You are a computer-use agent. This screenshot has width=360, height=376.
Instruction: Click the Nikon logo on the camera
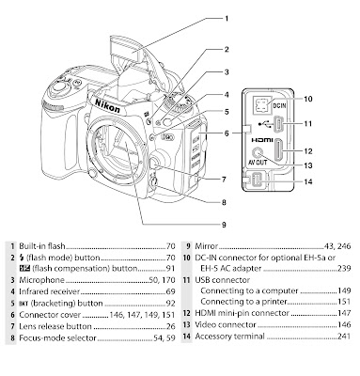pos(107,105)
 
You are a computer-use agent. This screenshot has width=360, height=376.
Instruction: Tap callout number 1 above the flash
pos(227,19)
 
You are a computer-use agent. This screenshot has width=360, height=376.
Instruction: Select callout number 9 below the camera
pos(224,225)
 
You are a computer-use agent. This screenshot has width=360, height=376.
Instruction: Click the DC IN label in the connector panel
pos(279,105)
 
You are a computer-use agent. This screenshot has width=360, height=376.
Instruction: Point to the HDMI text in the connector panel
pos(262,140)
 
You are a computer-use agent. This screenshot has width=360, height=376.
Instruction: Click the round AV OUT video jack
pos(258,153)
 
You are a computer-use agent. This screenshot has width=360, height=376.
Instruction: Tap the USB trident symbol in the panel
pos(265,124)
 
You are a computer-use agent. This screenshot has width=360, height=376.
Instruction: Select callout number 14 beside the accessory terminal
pos(308,181)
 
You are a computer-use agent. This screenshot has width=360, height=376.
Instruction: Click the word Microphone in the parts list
pos(41,280)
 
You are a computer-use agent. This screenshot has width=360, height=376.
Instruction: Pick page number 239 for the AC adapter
pos(344,269)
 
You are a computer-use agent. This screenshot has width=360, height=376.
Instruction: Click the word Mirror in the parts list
pos(206,246)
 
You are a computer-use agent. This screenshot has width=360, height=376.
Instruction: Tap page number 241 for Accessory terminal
pos(344,337)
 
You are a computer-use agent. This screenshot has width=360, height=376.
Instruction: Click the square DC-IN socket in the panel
pos(260,105)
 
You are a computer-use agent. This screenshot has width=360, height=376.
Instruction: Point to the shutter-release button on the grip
pos(60,86)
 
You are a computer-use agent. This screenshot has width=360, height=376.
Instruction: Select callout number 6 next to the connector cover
pos(227,133)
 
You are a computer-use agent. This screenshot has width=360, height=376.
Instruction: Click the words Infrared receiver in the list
pos(50,291)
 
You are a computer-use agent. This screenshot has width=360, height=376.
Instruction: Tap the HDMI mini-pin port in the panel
pos(278,150)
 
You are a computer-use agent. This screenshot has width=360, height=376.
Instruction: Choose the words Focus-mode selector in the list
pos(57,338)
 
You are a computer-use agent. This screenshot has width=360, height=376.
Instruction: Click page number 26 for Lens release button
pos(171,326)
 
